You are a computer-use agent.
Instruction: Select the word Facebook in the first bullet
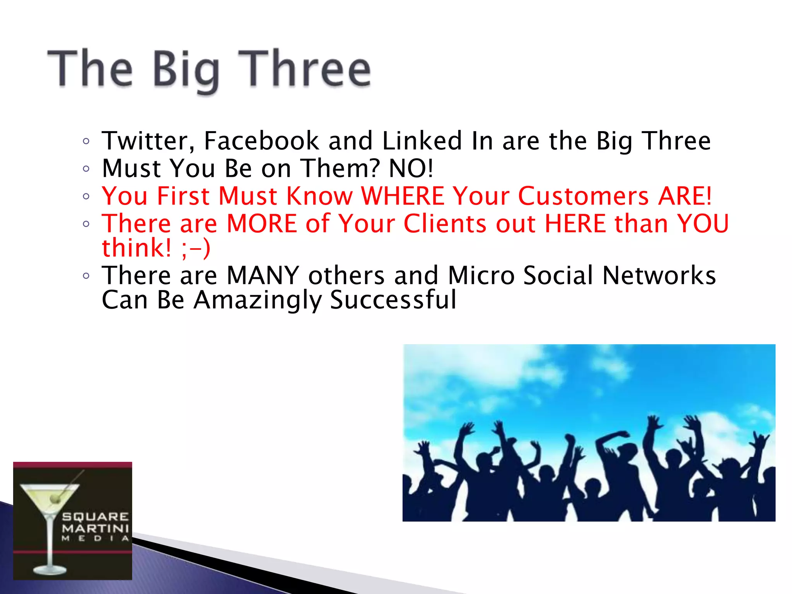pyautogui.click(x=261, y=141)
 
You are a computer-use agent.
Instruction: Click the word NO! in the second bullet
pyautogui.click(x=411, y=169)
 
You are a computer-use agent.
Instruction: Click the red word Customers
pyautogui.click(x=583, y=196)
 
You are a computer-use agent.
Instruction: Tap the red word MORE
pyautogui.click(x=261, y=224)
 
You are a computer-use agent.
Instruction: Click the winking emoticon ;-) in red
pyautogui.click(x=196, y=249)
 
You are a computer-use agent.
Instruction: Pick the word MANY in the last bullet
pyautogui.click(x=263, y=276)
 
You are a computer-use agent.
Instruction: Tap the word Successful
pyautogui.click(x=393, y=300)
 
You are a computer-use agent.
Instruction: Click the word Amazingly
pyautogui.click(x=257, y=301)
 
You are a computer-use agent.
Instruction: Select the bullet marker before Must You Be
pyautogui.click(x=86, y=169)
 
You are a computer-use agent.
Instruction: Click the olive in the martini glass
pyautogui.click(x=55, y=499)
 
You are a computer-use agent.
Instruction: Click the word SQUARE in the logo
pyautogui.click(x=95, y=517)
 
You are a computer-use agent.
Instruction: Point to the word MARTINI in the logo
pyautogui.click(x=95, y=528)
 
